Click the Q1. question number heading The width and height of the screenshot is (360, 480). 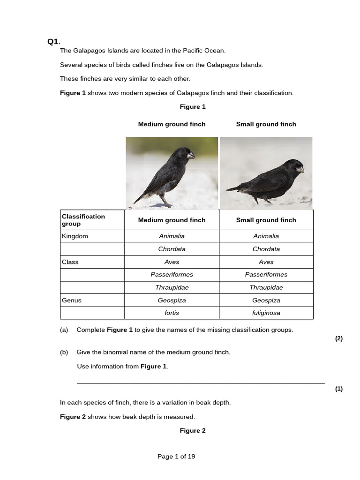54,42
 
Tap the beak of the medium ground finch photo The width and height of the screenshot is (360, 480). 191,155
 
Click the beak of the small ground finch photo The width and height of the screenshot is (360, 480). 300,170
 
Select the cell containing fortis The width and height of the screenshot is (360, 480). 172,313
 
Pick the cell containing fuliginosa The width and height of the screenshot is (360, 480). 266,313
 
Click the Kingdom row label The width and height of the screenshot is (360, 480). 75,236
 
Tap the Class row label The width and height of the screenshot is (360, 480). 70,262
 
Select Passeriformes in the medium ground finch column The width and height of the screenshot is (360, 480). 172,275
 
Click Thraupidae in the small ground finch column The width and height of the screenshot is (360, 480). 266,288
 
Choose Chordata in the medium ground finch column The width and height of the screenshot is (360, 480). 172,249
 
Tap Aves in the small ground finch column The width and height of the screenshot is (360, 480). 266,262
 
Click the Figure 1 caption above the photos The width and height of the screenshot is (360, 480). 193,107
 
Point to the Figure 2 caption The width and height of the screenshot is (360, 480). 193,431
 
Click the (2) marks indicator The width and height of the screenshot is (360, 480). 339,339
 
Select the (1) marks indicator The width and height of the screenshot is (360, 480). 339,389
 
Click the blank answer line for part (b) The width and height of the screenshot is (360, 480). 201,382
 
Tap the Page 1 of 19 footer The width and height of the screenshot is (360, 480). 176,457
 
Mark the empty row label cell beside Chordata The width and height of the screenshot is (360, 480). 92,249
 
